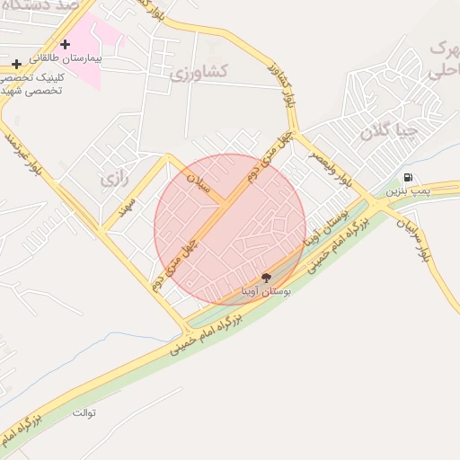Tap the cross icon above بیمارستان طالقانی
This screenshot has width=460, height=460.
click(65, 44)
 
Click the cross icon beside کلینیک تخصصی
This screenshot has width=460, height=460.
click(17, 65)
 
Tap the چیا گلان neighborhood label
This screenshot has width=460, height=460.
click(389, 132)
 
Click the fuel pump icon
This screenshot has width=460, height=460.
click(409, 178)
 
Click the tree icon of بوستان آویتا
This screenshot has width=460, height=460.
click(266, 278)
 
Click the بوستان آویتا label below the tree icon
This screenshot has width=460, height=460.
click(265, 292)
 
